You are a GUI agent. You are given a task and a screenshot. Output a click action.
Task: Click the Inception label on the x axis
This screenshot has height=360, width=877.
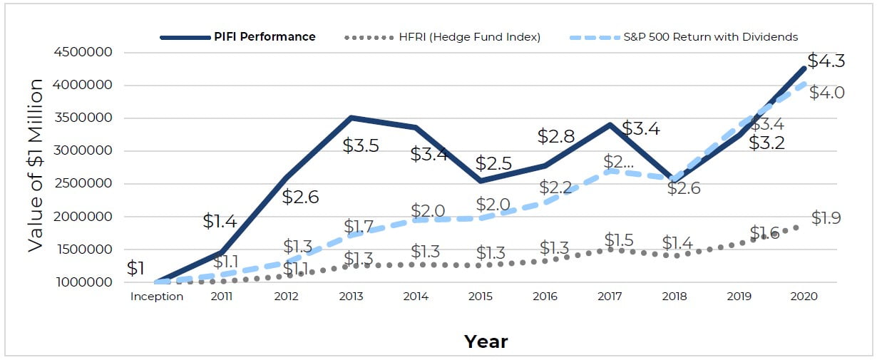coord(156,297)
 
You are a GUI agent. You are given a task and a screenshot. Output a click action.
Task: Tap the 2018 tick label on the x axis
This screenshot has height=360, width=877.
coord(674,297)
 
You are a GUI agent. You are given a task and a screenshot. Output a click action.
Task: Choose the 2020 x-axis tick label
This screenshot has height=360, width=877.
coord(804,297)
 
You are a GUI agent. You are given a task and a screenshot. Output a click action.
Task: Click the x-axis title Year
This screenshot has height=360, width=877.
coord(486,341)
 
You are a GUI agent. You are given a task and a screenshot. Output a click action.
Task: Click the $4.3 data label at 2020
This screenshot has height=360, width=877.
coord(826,61)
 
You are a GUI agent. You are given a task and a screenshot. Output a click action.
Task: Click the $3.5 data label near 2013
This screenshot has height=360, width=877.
coord(361,145)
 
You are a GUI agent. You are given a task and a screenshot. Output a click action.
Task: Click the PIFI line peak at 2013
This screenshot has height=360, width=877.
coord(351,118)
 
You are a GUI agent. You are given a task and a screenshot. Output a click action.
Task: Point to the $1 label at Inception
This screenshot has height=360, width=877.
coord(135,269)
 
